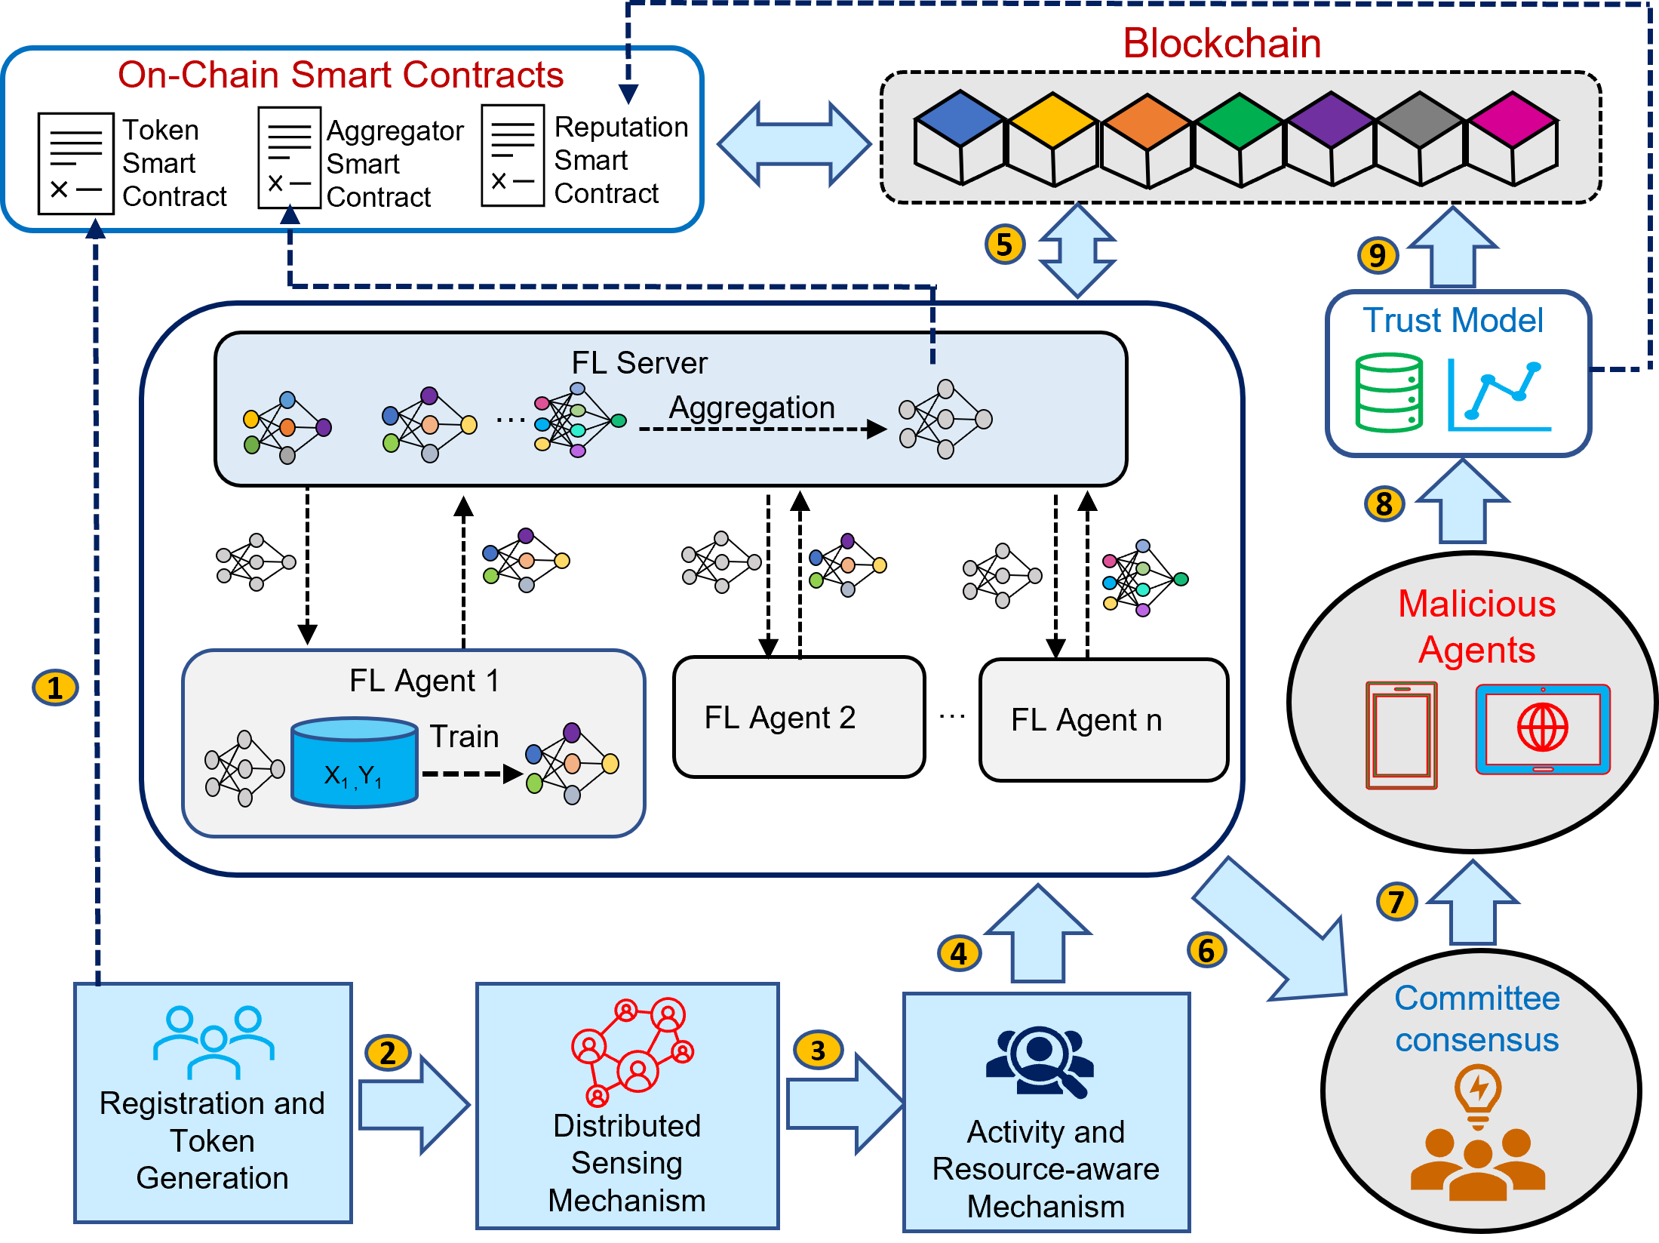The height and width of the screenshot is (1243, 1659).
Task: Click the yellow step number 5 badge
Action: pyautogui.click(x=1004, y=245)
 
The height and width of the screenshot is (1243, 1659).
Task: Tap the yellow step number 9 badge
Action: pyautogui.click(x=1377, y=255)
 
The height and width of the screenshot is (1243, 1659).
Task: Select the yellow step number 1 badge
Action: pyautogui.click(x=54, y=688)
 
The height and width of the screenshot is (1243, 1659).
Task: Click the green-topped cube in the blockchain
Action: pyautogui.click(x=1240, y=140)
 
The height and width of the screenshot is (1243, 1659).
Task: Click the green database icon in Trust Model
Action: pyautogui.click(x=1389, y=392)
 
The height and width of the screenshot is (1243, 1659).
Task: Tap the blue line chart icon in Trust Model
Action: pyautogui.click(x=1498, y=396)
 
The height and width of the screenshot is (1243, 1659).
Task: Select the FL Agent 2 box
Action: pyautogui.click(x=798, y=717)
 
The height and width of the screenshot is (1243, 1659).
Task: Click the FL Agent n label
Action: pyautogui.click(x=1086, y=720)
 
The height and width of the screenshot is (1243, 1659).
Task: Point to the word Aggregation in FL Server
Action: pyautogui.click(x=751, y=408)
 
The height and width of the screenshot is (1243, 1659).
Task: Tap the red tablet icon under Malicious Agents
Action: pyautogui.click(x=1401, y=735)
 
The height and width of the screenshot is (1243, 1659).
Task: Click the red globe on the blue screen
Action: pyautogui.click(x=1542, y=728)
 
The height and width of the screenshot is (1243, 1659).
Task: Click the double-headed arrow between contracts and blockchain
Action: pyautogui.click(x=794, y=143)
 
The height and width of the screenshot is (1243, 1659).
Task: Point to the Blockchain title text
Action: pyautogui.click(x=1221, y=43)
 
